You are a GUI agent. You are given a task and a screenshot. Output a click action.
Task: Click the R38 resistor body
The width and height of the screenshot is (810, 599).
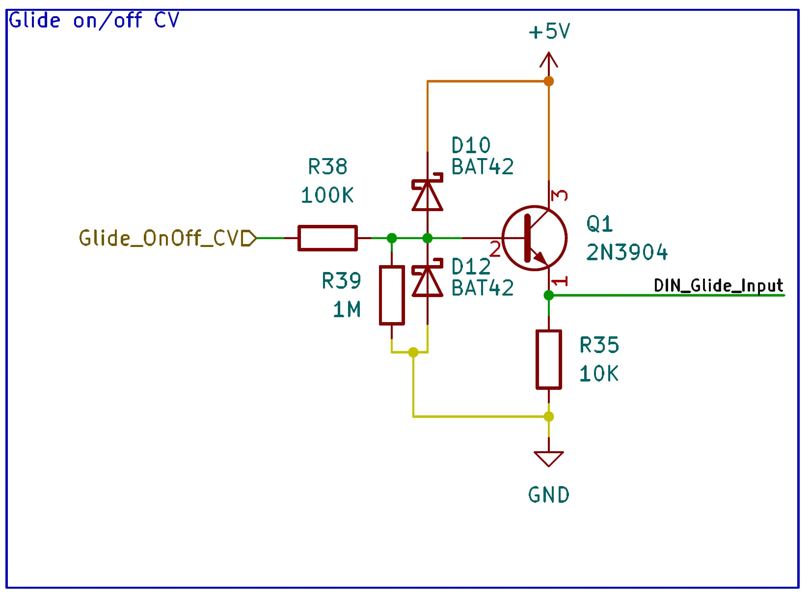(327, 238)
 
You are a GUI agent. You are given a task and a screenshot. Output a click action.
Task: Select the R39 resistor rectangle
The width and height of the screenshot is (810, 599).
(392, 295)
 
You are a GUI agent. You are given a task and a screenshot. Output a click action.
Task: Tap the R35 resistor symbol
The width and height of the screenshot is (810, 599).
(548, 360)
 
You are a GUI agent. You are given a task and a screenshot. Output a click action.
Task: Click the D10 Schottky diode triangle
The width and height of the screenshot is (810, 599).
(427, 195)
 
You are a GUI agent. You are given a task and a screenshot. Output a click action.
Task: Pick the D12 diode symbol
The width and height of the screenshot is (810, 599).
(427, 281)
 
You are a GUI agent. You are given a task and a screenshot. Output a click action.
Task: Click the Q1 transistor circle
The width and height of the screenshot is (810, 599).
(534, 238)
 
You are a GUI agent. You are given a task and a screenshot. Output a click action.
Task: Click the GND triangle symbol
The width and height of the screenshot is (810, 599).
(548, 459)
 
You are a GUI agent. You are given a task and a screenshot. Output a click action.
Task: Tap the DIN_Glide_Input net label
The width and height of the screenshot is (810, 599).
(718, 285)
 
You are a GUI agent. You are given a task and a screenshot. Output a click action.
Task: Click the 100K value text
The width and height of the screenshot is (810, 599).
(327, 195)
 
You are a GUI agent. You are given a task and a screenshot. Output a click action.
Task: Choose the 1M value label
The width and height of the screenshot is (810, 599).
(347, 310)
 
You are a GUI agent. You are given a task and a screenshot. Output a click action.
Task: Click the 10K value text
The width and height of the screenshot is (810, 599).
(598, 374)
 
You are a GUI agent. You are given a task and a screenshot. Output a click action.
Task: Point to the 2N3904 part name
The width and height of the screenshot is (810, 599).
(626, 252)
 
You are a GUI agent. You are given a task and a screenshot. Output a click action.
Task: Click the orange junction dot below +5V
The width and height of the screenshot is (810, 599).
(548, 81)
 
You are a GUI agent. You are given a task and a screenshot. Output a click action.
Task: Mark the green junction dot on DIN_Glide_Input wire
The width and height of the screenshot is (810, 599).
(548, 295)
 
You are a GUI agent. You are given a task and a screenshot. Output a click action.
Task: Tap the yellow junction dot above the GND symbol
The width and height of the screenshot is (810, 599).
(548, 416)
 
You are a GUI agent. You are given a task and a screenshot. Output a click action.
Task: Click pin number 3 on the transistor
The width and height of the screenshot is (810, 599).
(559, 195)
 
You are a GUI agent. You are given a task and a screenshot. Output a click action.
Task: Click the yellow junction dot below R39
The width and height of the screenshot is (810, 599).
(413, 352)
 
